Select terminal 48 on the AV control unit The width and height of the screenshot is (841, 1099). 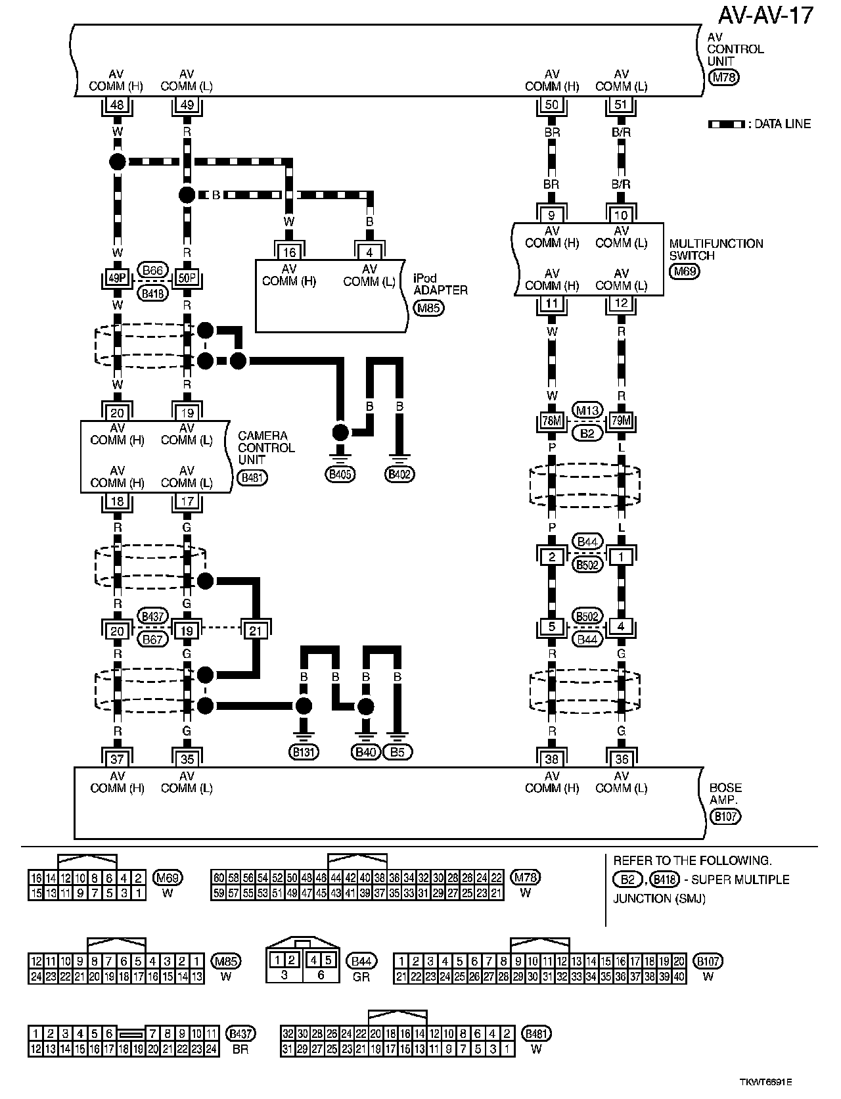coord(117,105)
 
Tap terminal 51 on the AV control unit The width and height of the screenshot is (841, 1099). coord(621,105)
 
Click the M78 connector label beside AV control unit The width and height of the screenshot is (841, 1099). coord(725,78)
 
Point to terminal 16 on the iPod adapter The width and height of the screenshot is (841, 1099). coord(288,252)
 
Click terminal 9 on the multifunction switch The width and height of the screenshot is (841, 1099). coord(552,215)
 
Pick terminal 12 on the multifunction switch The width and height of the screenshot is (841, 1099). coord(621,303)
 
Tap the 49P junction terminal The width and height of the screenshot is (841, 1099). coord(117,278)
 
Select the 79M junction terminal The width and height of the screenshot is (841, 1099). coord(621,421)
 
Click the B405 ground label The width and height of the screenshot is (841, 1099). coord(340,474)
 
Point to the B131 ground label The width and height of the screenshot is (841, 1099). coord(303,753)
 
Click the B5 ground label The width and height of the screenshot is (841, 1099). coord(398,753)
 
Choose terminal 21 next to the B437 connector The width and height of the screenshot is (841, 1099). coord(256,631)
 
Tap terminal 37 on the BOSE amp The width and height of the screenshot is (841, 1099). coord(117,759)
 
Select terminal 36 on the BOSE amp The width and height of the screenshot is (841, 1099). coord(621,759)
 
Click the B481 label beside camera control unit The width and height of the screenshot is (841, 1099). coord(252,478)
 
